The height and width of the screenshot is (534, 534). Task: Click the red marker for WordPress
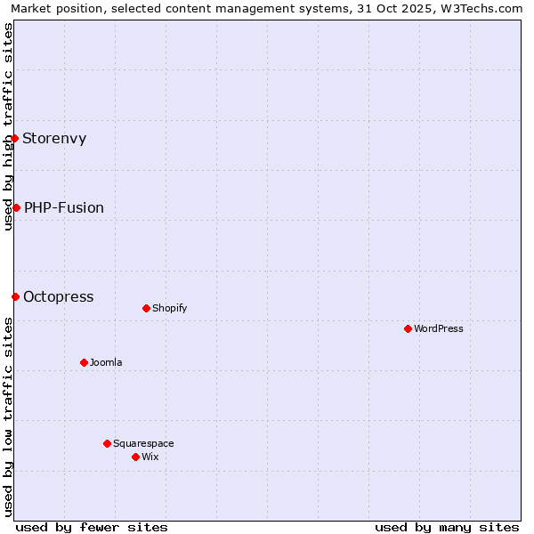[408, 328]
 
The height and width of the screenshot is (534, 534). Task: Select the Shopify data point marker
[146, 308]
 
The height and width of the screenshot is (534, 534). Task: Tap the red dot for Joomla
[84, 362]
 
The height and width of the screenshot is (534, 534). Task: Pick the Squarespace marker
[107, 443]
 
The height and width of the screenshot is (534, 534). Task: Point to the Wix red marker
[135, 457]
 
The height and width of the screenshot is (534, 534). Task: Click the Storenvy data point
[14, 138]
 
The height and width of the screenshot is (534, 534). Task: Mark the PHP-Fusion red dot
[16, 207]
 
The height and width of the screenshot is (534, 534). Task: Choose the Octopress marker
[15, 296]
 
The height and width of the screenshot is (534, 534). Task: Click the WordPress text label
[439, 329]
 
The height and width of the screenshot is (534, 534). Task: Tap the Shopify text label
[169, 309]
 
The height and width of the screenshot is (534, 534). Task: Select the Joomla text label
[106, 363]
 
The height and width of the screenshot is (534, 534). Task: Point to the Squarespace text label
[143, 444]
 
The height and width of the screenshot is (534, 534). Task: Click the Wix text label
[150, 457]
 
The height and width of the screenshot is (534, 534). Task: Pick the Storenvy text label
[54, 139]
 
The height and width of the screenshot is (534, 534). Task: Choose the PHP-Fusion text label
[64, 208]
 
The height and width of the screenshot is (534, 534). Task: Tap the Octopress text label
[59, 297]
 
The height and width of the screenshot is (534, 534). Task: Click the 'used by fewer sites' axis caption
[92, 527]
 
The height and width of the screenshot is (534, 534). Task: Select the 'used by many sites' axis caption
[447, 527]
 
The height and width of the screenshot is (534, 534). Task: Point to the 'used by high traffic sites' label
[8, 126]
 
